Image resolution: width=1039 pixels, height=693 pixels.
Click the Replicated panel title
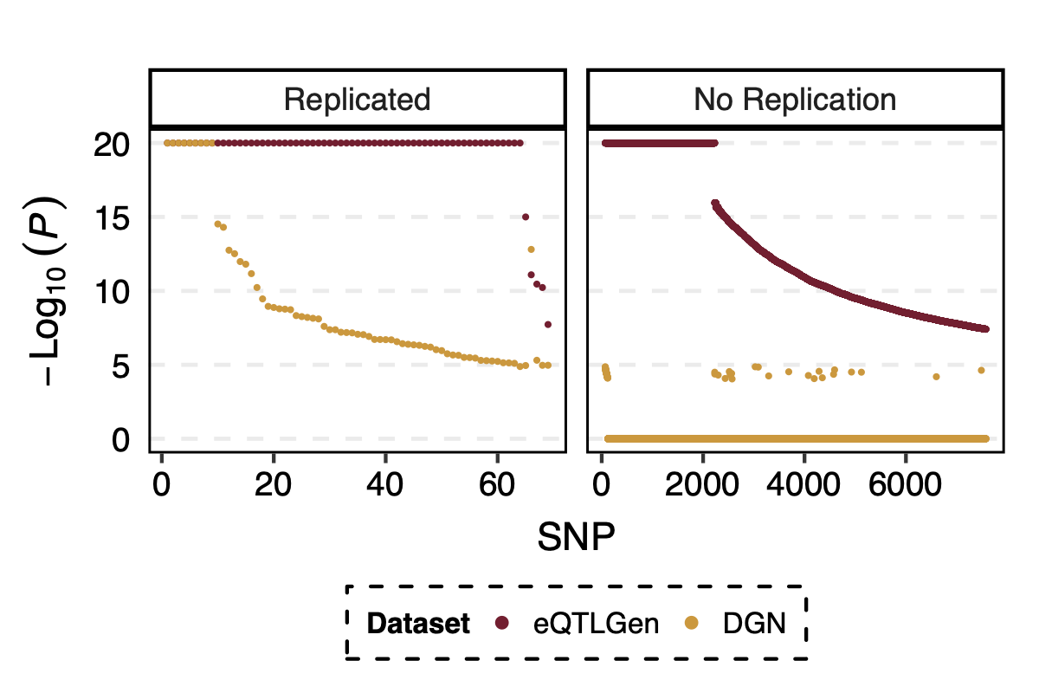(357, 100)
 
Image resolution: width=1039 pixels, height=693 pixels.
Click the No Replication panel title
(795, 100)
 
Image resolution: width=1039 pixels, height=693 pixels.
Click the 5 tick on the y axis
(120, 366)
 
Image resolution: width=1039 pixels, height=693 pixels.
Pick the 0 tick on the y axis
(120, 440)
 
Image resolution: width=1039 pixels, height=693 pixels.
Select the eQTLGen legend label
(597, 623)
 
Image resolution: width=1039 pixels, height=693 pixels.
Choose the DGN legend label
(754, 623)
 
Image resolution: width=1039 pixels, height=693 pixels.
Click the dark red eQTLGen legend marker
(501, 623)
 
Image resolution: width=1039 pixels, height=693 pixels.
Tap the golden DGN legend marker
(692, 623)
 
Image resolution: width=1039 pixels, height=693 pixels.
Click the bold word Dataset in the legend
(418, 623)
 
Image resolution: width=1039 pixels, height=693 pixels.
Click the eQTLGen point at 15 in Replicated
(525, 217)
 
